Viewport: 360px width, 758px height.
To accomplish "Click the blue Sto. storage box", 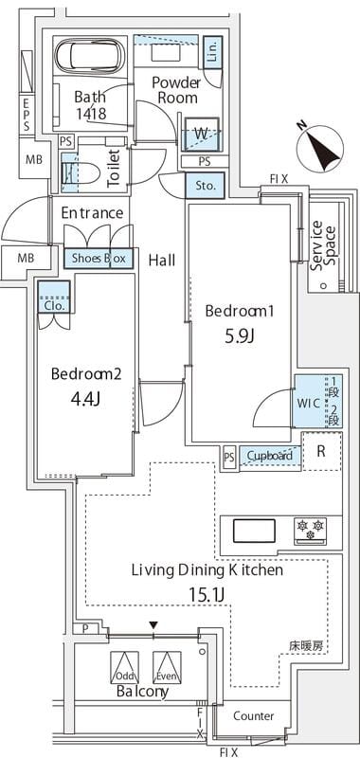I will (205, 187).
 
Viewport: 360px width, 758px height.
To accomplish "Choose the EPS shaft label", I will (27, 114).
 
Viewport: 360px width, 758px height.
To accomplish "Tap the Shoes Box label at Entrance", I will (97, 258).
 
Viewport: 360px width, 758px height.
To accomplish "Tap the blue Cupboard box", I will (269, 456).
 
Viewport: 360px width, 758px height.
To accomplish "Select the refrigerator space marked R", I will (320, 451).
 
